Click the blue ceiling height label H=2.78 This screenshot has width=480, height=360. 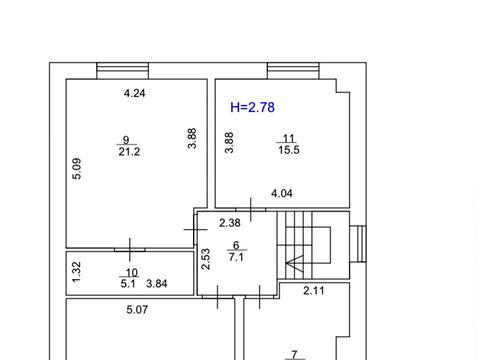pyautogui.click(x=252, y=107)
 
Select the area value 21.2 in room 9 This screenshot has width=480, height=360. pyautogui.click(x=129, y=152)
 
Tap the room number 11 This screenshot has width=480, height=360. pyautogui.click(x=289, y=138)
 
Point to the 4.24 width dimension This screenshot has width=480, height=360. pyautogui.click(x=135, y=93)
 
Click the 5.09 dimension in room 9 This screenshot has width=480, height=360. pyautogui.click(x=77, y=169)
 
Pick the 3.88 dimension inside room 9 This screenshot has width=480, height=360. pyautogui.click(x=192, y=138)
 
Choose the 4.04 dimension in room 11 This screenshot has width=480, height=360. pyautogui.click(x=282, y=193)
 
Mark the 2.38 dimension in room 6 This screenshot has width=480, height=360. pyautogui.click(x=230, y=223)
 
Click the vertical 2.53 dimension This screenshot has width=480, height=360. pyautogui.click(x=206, y=259)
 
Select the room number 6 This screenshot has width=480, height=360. pyautogui.click(x=236, y=245)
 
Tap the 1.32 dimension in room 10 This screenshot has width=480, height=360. pyautogui.click(x=76, y=272)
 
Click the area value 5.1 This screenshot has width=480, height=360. pyautogui.click(x=128, y=284)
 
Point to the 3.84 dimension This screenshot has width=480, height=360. pyautogui.click(x=157, y=284)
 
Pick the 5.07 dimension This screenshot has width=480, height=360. pyautogui.click(x=137, y=310)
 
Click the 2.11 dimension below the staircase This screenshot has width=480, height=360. pyautogui.click(x=314, y=291)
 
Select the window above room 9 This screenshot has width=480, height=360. pyautogui.click(x=123, y=71)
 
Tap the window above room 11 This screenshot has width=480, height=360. pyautogui.click(x=293, y=71)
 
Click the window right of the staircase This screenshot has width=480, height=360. pyautogui.click(x=358, y=244)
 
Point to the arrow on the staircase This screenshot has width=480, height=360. pyautogui.click(x=295, y=263)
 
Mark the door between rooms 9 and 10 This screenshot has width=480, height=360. pyautogui.click(x=130, y=250)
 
